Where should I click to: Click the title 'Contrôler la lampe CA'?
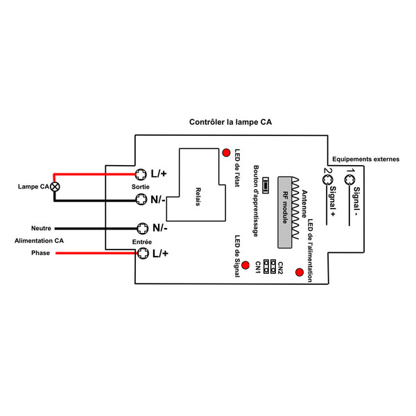(230, 122)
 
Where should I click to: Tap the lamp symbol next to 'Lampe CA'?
(55, 187)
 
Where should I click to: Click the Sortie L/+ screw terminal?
(141, 174)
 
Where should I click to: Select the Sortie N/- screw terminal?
(141, 199)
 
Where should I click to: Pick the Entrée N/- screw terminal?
(142, 228)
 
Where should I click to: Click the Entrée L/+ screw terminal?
(143, 253)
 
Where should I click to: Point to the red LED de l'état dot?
(226, 153)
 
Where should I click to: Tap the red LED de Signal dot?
(245, 265)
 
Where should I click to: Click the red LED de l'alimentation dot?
(300, 272)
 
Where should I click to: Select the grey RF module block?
(285, 212)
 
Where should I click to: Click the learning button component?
(266, 185)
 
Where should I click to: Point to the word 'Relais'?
(198, 197)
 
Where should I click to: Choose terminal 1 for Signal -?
(349, 180)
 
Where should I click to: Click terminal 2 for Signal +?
(328, 180)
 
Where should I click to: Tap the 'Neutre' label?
(41, 228)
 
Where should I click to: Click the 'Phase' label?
(41, 253)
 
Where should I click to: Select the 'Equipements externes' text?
(365, 159)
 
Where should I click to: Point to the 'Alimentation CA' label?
(39, 241)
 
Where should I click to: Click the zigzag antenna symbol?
(295, 208)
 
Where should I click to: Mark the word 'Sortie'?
(140, 187)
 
